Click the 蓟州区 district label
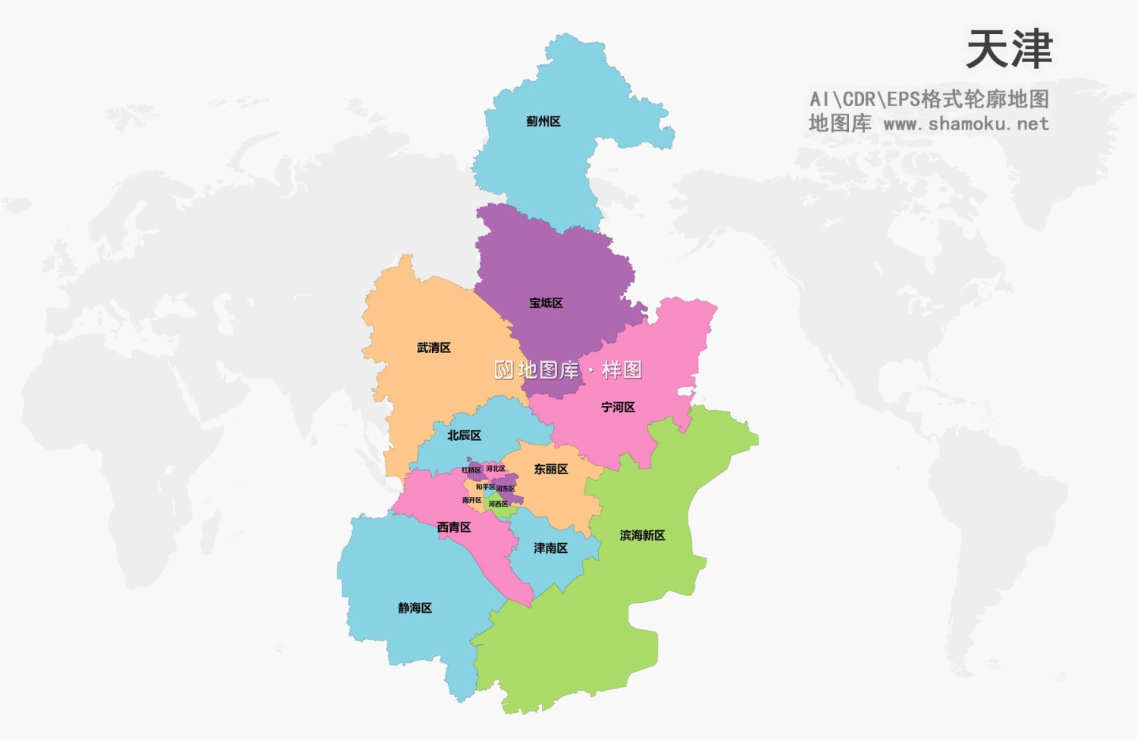point(543,121)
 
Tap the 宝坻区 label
point(546,303)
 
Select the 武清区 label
point(434,348)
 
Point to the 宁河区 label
point(618,407)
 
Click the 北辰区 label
point(464,436)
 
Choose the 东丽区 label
point(551,470)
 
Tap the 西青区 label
point(454,527)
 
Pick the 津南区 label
point(550,548)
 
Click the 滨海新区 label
point(642,535)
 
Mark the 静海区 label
point(415,608)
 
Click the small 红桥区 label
point(471,470)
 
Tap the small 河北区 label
point(496,469)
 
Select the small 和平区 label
point(485,487)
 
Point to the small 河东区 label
point(506,489)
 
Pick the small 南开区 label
point(472,500)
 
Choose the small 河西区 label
point(498,504)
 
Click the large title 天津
point(1009,50)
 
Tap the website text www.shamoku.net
point(966,123)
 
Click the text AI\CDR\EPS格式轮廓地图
point(929,99)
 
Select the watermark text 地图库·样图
point(568,370)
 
